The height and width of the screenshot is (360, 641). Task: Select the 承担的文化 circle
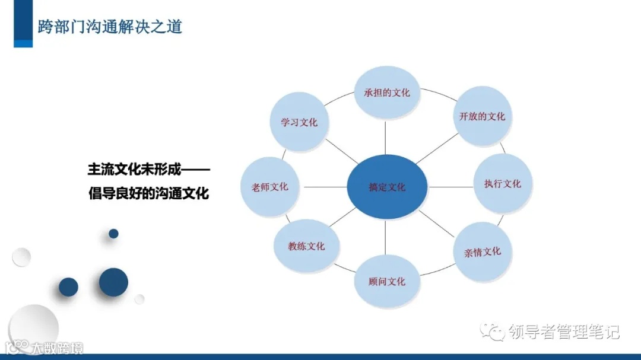tap(386, 93)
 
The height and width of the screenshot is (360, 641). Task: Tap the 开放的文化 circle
tap(481, 116)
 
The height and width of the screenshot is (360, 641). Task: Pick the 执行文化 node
tap(502, 183)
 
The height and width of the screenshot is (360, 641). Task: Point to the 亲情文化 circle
tap(482, 252)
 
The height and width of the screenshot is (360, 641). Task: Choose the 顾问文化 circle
tap(387, 281)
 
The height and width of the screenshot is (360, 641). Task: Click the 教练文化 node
tap(306, 246)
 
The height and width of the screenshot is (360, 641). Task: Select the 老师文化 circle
tap(269, 187)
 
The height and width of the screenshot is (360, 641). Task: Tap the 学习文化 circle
tap(299, 122)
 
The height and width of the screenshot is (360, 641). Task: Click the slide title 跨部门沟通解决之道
tap(110, 26)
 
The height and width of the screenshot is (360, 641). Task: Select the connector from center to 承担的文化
tap(386, 138)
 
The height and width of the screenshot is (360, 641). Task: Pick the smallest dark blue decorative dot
tap(113, 234)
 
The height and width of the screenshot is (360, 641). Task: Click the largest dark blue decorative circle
tap(113, 282)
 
